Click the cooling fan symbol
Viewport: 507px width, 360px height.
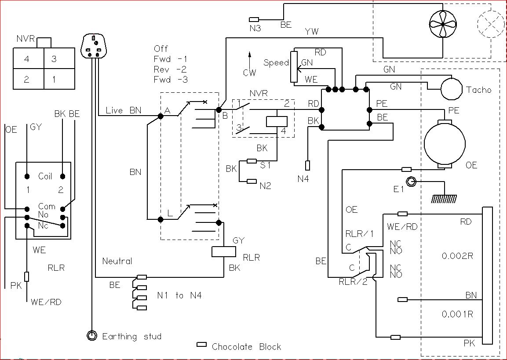click(x=443, y=24)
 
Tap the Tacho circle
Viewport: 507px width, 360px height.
click(x=452, y=89)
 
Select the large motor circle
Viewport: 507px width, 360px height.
click(x=445, y=144)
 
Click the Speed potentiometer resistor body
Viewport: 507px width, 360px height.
click(x=294, y=66)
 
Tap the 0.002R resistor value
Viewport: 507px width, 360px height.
click(x=457, y=256)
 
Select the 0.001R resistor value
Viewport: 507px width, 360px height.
click(x=457, y=314)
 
